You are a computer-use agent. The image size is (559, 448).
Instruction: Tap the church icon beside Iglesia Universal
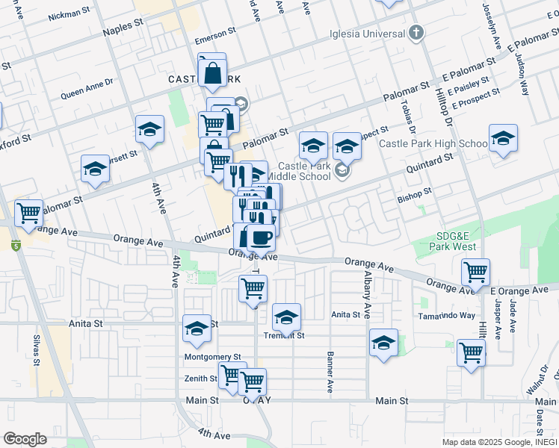point(417,33)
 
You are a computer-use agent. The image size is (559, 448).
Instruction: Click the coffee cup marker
point(260,237)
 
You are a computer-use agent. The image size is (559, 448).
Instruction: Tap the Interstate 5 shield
point(14,244)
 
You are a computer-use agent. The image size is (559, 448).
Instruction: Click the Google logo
point(25,438)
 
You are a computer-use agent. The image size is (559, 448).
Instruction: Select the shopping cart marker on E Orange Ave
point(475,273)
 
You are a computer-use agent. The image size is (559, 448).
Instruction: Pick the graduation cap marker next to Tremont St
point(286,317)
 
